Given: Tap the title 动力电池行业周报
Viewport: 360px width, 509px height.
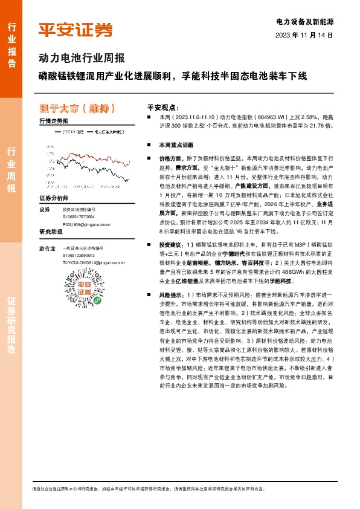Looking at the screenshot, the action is (82, 59).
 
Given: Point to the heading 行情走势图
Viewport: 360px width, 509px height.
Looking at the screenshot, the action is (53, 121).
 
